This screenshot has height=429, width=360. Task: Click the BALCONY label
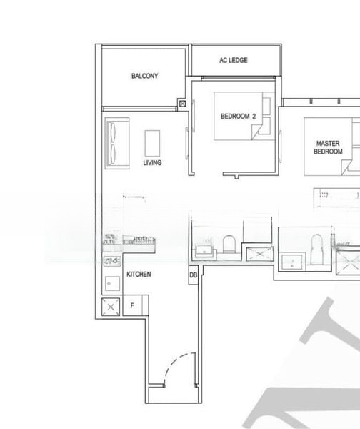(145, 76)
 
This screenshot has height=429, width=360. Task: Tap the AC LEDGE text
(234, 60)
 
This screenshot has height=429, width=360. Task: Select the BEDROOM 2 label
(238, 115)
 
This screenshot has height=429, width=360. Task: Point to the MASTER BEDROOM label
(329, 148)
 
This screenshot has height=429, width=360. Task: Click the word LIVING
(152, 163)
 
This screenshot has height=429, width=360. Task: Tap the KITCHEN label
(139, 275)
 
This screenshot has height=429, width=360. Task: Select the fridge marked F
(132, 306)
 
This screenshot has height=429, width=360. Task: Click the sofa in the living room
(114, 142)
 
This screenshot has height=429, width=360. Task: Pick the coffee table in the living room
(152, 142)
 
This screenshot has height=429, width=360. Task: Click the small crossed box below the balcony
(182, 104)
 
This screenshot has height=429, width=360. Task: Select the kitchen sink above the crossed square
(110, 283)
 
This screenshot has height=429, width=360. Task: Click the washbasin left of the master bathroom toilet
(291, 262)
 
